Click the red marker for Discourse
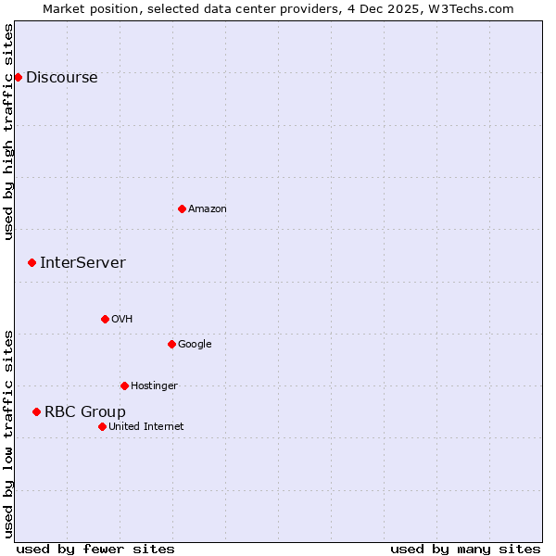[18, 77]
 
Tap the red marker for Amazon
[182, 208]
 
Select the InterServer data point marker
[32, 263]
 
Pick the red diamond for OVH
[105, 319]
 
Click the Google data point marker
[171, 344]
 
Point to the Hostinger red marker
[124, 385]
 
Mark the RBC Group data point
[36, 411]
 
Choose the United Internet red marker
[102, 426]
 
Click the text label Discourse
[61, 78]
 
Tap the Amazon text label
[207, 209]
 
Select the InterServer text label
[82, 263]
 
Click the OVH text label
[121, 320]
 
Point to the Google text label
[195, 345]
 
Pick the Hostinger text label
[154, 386]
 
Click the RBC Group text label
[84, 412]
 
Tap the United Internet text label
[145, 427]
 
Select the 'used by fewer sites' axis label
[95, 549]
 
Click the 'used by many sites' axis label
[465, 549]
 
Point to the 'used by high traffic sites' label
[8, 132]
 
